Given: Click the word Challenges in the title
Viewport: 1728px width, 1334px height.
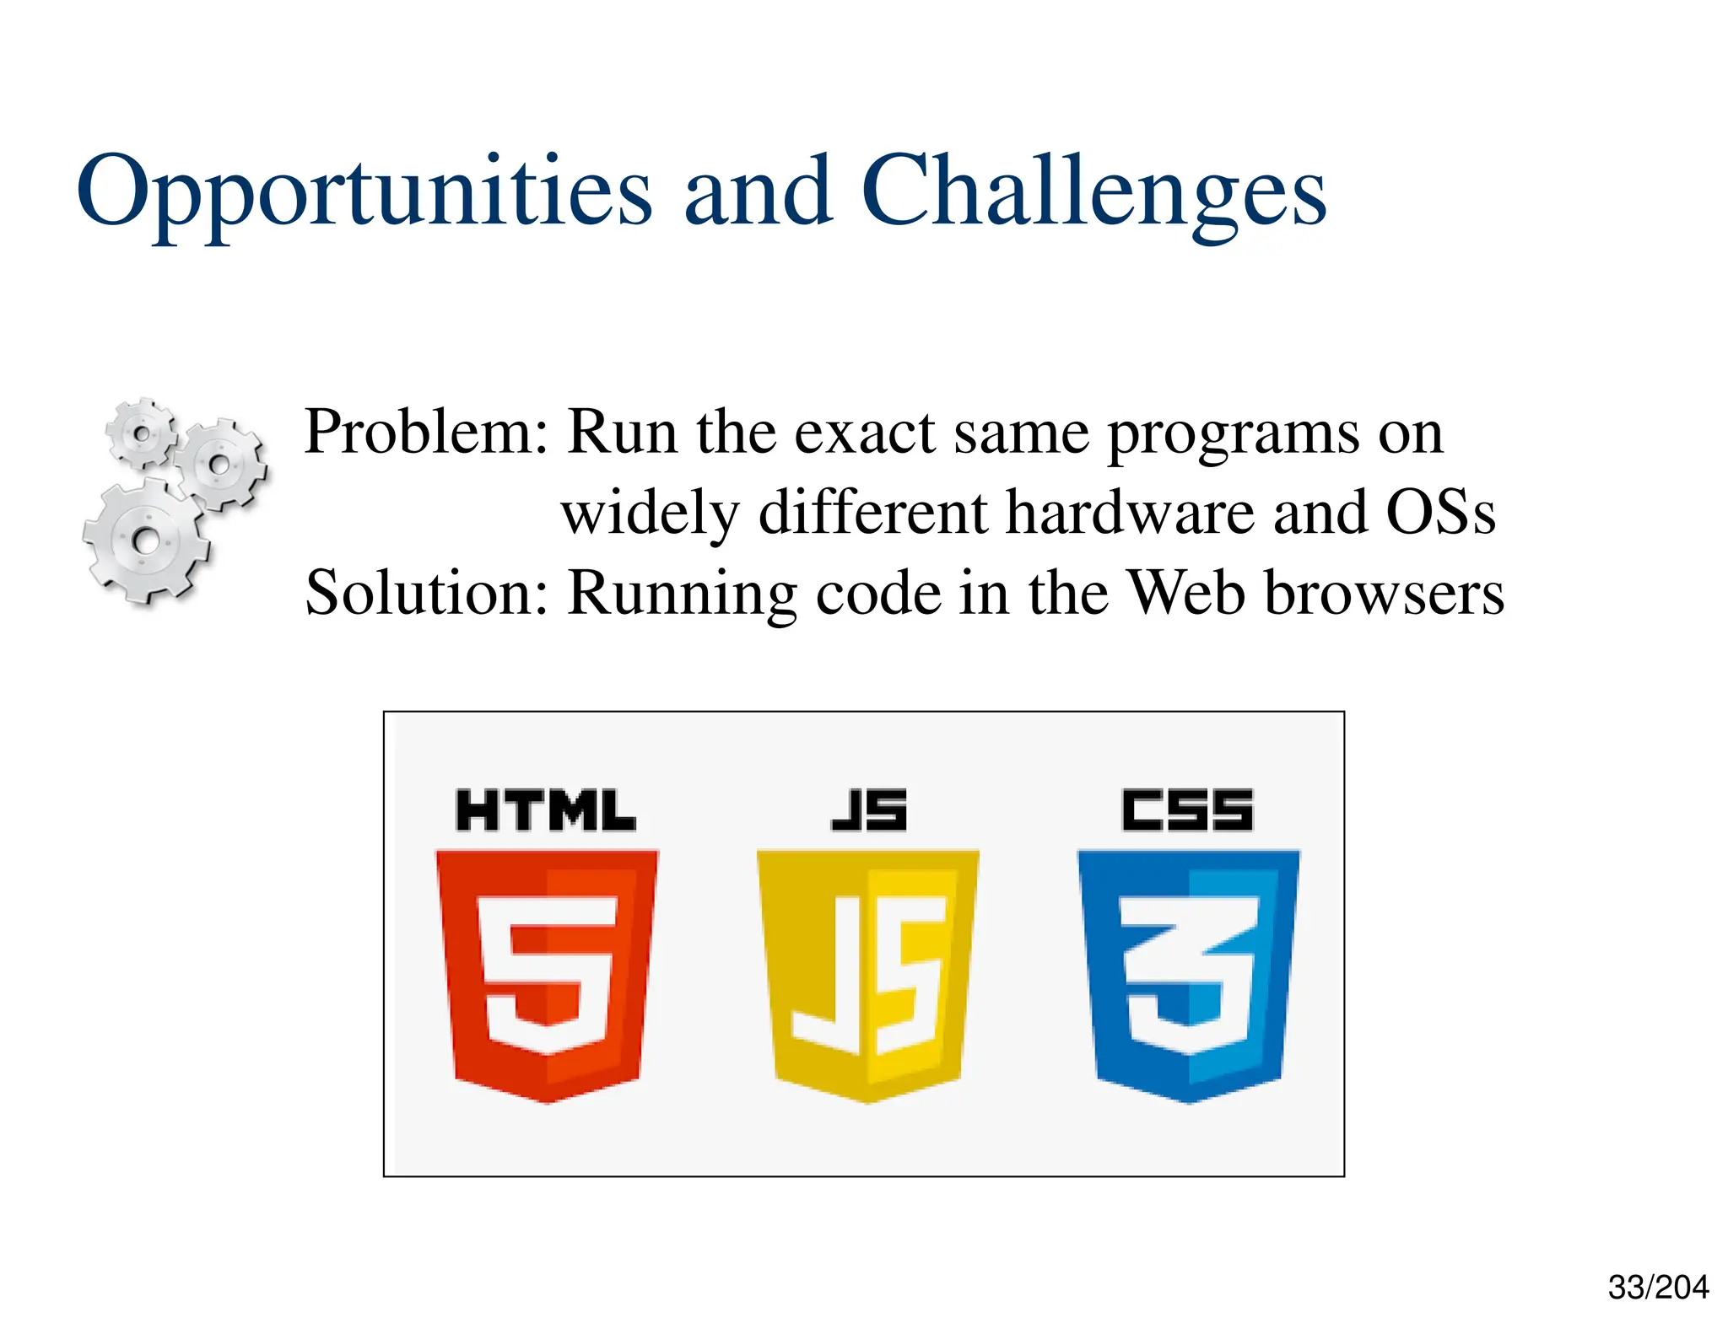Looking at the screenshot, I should click(x=1093, y=192).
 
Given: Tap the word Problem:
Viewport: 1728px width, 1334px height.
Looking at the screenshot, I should click(x=426, y=432).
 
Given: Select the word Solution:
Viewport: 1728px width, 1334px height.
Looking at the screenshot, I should click(x=426, y=593).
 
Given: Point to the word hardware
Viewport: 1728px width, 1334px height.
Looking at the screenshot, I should click(x=1130, y=512).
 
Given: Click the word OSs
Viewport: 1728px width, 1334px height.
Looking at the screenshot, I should click(x=1440, y=512).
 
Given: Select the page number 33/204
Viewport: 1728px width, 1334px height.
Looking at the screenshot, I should click(x=1657, y=1288).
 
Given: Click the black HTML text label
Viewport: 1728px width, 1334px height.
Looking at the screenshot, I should click(x=546, y=810).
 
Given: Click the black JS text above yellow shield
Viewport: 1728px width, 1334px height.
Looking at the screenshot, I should click(x=868, y=810).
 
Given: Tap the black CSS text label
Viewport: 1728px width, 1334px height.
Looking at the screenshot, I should click(x=1187, y=810).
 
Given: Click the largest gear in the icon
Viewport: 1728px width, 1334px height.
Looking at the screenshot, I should click(x=146, y=541).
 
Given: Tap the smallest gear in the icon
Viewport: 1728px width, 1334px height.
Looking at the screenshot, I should click(x=142, y=433).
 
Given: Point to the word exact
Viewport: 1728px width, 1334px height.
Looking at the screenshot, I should click(x=866, y=432).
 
